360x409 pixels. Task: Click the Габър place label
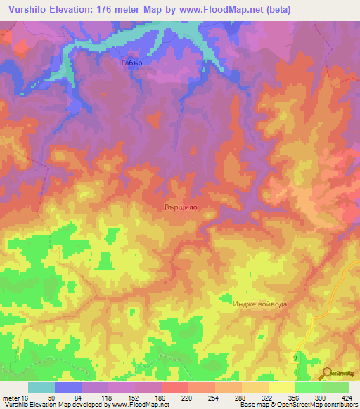[x=131, y=63]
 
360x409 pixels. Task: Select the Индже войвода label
[x=259, y=304]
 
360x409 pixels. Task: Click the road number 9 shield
[x=295, y=358]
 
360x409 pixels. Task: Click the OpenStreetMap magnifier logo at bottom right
[x=327, y=372]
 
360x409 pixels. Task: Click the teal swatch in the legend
[x=41, y=387]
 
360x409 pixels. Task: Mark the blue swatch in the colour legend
[x=68, y=387]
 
